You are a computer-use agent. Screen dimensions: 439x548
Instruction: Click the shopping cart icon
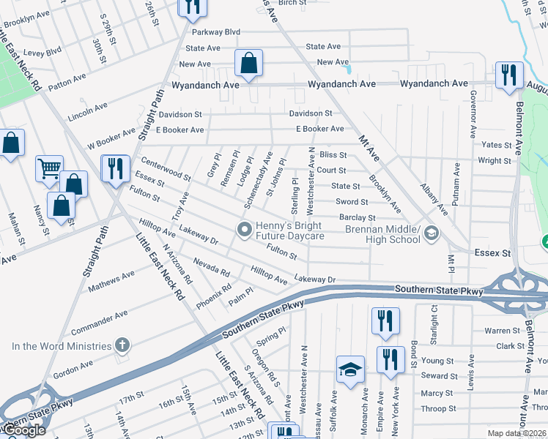click(49, 168)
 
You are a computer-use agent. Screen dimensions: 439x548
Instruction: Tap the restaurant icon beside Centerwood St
click(115, 169)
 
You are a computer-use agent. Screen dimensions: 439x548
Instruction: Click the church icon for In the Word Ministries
click(122, 345)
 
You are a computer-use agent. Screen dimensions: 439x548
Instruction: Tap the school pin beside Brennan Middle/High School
click(432, 233)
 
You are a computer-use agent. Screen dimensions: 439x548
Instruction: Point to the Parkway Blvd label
click(216, 32)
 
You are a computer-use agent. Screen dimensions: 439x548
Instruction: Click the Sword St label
click(352, 202)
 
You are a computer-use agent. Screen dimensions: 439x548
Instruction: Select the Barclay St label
click(358, 217)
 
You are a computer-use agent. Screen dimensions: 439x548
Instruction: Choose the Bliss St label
click(333, 155)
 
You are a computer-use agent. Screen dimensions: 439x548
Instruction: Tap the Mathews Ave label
click(111, 282)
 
